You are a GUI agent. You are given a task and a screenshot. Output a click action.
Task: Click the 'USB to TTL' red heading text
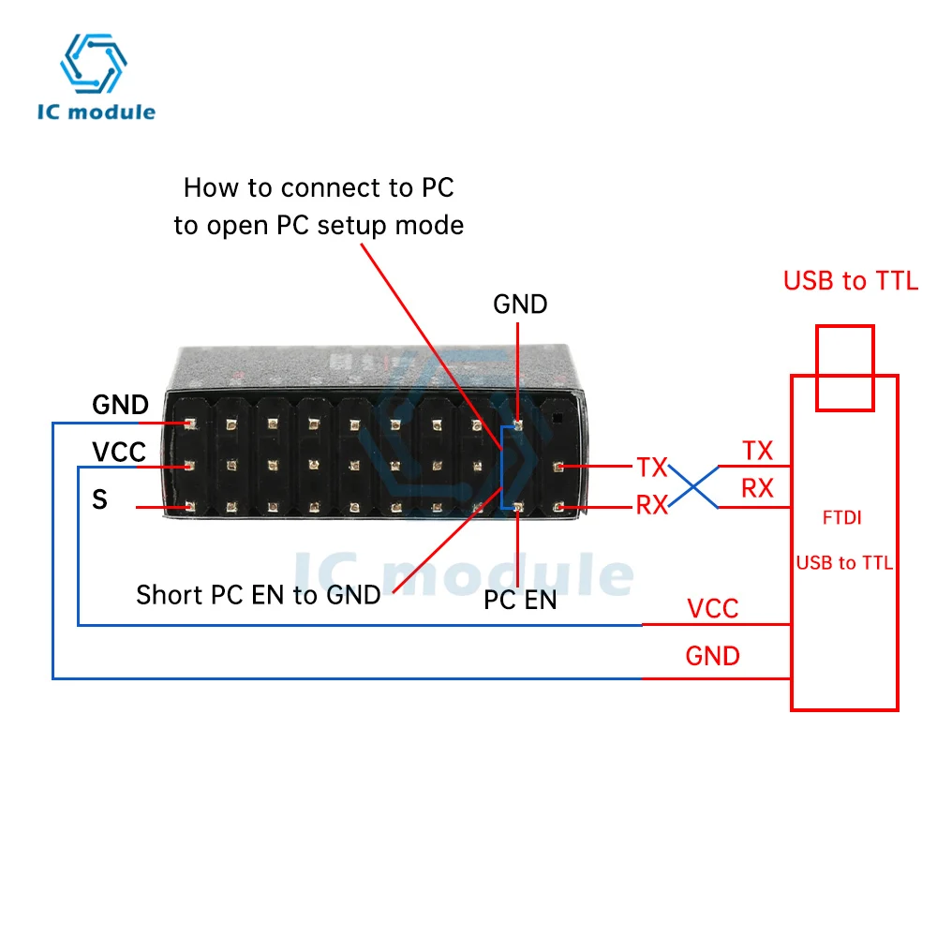click(x=851, y=281)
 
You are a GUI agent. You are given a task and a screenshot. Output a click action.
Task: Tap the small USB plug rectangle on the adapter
click(x=844, y=367)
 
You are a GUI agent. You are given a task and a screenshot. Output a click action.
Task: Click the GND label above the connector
click(x=520, y=304)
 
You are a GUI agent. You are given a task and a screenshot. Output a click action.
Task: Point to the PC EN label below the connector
click(x=520, y=601)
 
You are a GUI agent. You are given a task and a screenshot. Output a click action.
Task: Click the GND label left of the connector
click(x=120, y=405)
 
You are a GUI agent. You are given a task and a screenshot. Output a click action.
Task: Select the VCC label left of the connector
click(x=119, y=453)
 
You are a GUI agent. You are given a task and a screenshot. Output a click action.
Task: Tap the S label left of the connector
click(x=99, y=500)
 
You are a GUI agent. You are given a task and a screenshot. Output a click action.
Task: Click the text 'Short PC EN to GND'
click(x=259, y=594)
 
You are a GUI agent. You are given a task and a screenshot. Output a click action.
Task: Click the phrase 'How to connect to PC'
click(x=319, y=187)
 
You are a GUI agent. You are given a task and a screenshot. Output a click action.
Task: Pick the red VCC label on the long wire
click(x=712, y=608)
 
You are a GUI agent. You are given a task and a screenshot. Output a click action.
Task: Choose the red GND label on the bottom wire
click(x=712, y=655)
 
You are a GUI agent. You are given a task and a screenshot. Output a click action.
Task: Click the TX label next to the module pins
click(x=652, y=466)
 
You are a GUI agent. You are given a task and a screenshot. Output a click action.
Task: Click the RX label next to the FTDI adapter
click(x=757, y=488)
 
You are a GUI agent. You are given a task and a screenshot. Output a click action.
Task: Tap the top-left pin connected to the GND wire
click(x=189, y=424)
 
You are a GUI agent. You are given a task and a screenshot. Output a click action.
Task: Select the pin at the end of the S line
click(x=189, y=507)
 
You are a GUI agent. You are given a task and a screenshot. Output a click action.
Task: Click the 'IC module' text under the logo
click(x=97, y=112)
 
